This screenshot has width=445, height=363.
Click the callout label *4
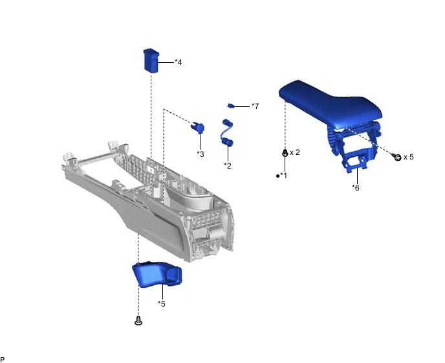coord(179,62)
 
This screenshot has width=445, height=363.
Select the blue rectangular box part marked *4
coord(151,60)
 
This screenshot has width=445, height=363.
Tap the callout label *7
coord(255,106)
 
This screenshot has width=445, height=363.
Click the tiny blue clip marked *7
coord(231,106)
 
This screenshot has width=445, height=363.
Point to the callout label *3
coord(201,154)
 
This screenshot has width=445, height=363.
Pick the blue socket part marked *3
coord(197,128)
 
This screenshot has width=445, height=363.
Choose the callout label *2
coord(228,165)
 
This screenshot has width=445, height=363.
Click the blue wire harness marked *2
coord(227,133)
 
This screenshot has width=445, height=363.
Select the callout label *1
coord(283,176)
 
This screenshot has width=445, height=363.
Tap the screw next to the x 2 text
coord(285,153)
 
